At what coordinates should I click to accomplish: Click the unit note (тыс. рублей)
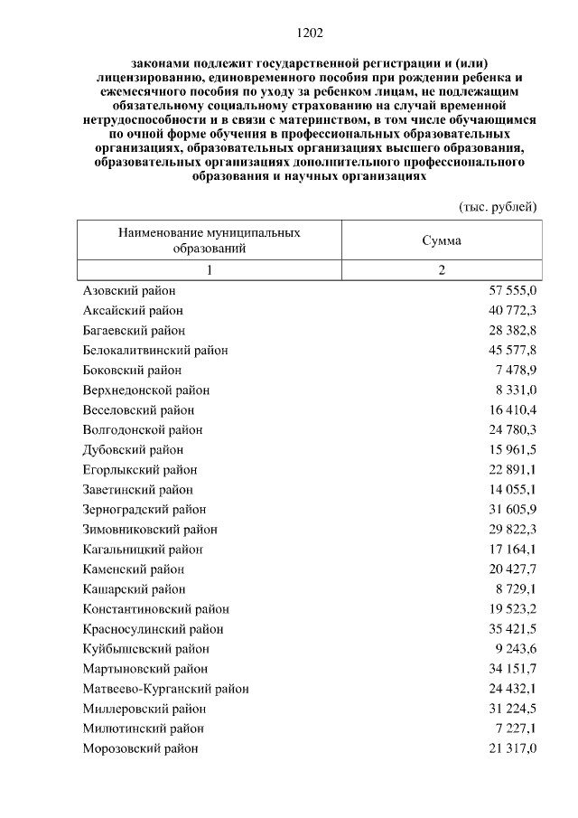(x=498, y=206)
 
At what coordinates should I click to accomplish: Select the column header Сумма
(x=442, y=240)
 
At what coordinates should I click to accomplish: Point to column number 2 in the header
(x=442, y=271)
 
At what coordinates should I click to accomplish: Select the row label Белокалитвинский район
(x=155, y=351)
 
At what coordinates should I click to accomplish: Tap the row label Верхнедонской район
(x=146, y=390)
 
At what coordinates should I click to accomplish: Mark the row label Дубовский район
(x=133, y=450)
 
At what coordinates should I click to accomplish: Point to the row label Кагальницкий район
(x=143, y=550)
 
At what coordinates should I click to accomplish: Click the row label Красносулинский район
(x=153, y=629)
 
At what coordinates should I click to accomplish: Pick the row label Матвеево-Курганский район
(x=166, y=689)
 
